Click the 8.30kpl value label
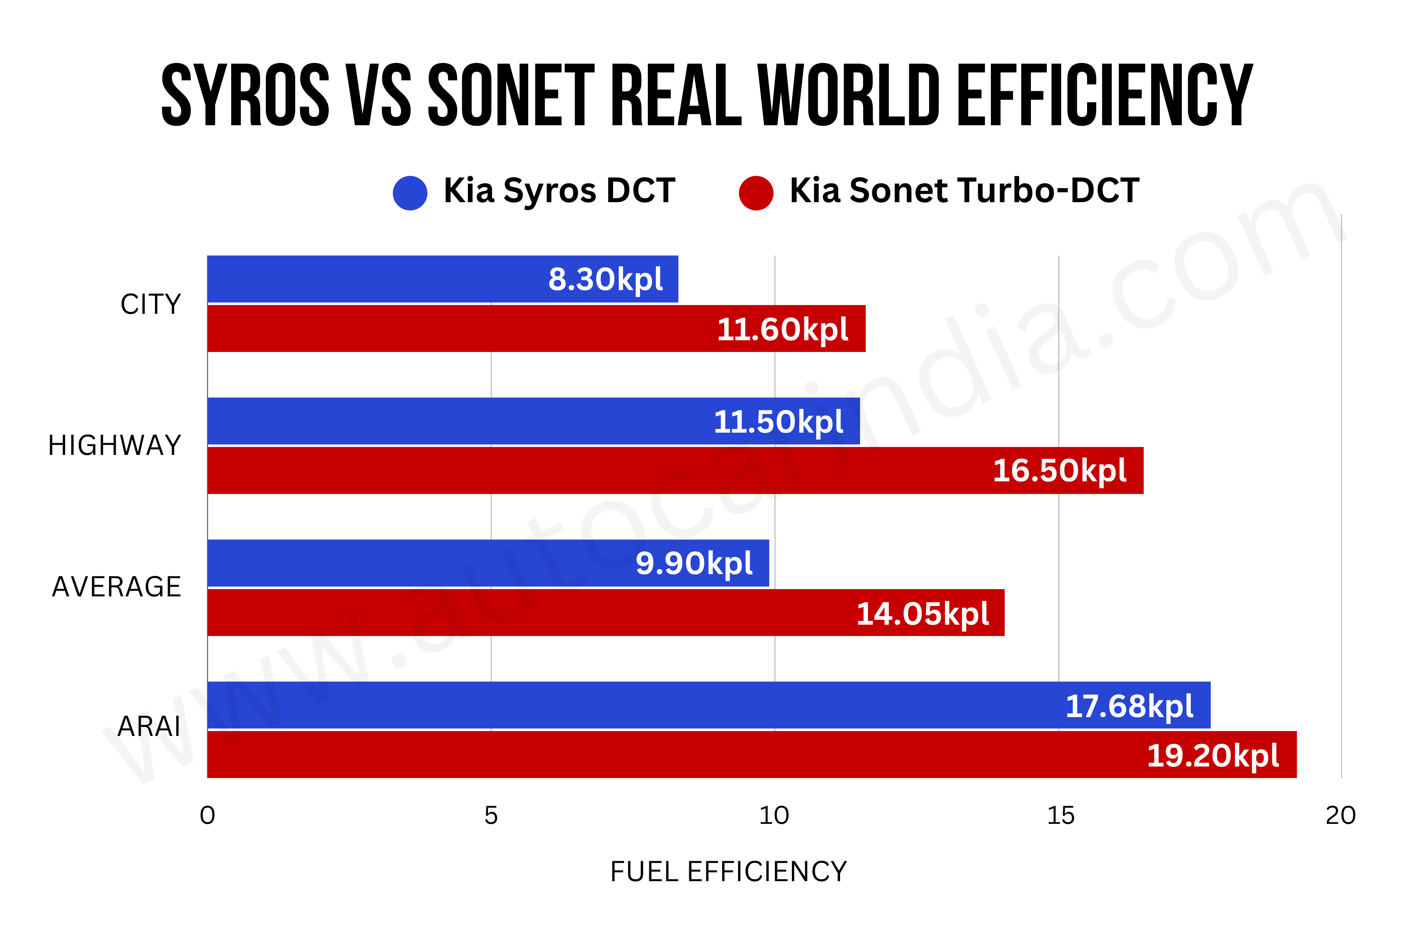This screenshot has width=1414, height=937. pos(605,280)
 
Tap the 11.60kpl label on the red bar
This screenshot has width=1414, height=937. pos(782,329)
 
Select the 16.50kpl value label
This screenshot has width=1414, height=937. pos(1059,471)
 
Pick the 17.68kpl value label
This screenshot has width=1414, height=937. pos(1129,707)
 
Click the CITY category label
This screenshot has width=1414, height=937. pos(150,304)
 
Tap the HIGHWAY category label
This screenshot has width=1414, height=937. pos(115,446)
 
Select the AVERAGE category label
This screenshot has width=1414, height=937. pos(117,587)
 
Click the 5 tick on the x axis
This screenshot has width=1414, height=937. pos(491,816)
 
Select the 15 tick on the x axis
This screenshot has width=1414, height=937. pos(1060,816)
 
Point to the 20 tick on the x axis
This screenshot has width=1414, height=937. pos(1340,816)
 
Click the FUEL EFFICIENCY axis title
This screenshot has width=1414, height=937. pos(728,872)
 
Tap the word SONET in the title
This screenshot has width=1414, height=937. pos(511,95)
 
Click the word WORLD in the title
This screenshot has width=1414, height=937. pos(849,95)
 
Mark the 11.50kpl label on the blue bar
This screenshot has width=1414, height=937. pos(778,422)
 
